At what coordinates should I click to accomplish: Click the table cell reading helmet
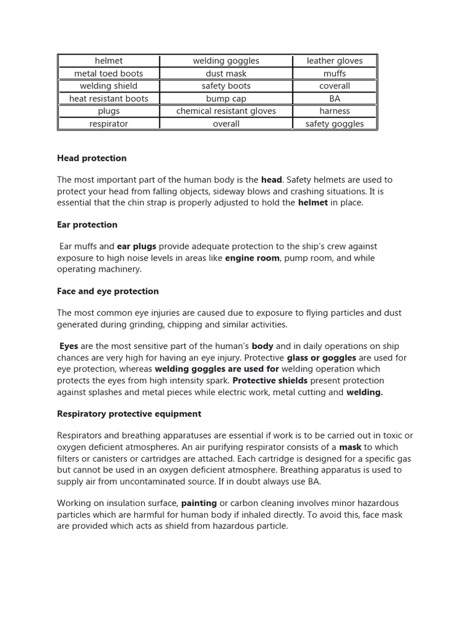click(109, 61)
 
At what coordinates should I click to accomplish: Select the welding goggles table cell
click(226, 61)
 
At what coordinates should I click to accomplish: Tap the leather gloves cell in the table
click(334, 61)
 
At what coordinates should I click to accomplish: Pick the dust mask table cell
click(226, 74)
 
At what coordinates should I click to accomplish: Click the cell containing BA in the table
click(334, 98)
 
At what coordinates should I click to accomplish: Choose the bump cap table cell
click(226, 98)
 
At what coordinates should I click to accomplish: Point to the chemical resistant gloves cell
click(226, 111)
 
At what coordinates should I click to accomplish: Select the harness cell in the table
click(334, 111)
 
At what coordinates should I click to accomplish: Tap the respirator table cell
click(109, 123)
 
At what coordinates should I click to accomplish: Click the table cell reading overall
click(226, 123)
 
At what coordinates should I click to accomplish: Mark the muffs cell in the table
click(334, 74)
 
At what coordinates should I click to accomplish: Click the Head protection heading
click(91, 158)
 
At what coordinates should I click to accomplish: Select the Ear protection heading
click(87, 224)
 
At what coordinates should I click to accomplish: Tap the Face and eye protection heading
click(108, 291)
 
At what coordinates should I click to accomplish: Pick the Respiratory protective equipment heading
click(129, 414)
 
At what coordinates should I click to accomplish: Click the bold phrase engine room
click(253, 258)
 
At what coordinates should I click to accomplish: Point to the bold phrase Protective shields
click(270, 381)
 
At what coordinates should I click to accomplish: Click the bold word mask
click(350, 448)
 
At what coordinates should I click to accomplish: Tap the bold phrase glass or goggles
click(321, 358)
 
